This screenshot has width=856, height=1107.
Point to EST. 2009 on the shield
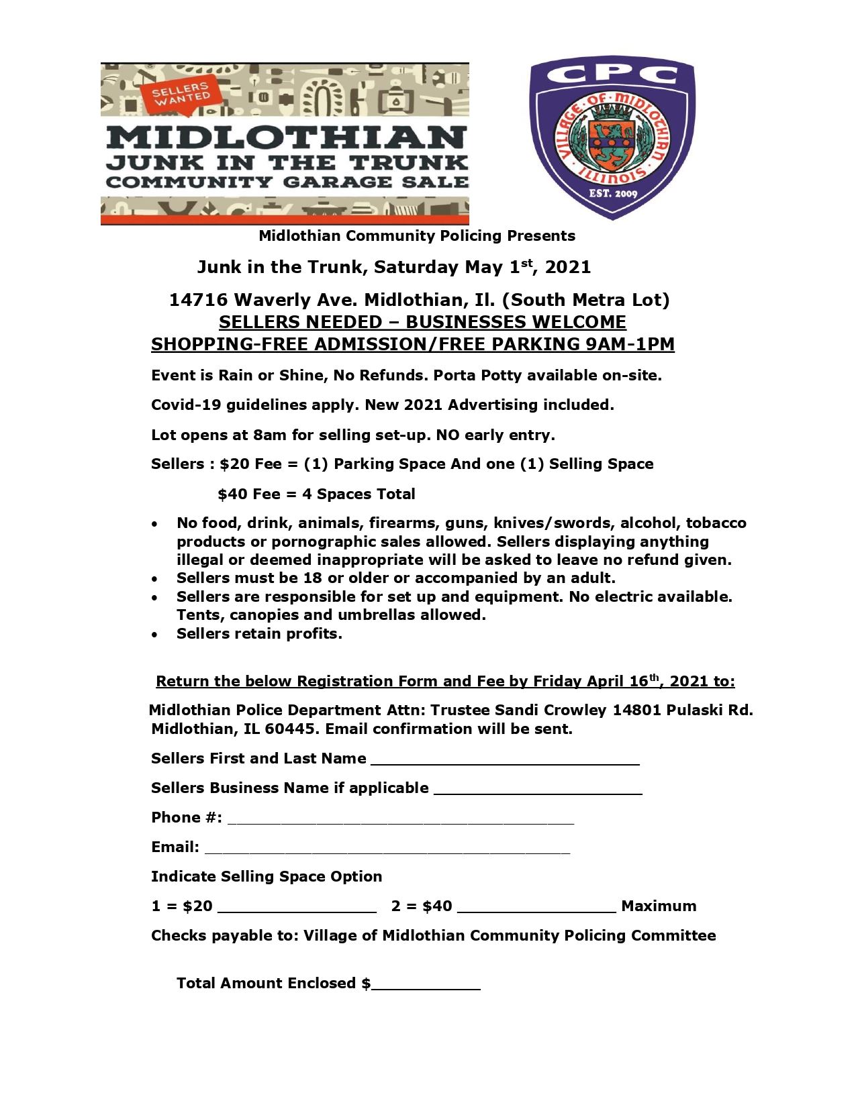[x=612, y=195]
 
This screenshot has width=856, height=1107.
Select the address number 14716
[x=198, y=300]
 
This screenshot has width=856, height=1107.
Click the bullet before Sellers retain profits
[x=156, y=635]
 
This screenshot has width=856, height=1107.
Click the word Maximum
[x=659, y=906]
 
